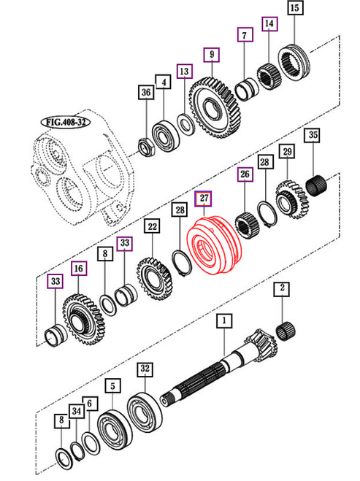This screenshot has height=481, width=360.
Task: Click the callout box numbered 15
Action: click(294, 9)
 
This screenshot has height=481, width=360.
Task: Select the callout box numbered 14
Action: click(269, 24)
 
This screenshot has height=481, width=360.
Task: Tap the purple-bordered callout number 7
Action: click(245, 34)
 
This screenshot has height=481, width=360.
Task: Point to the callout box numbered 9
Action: click(212, 54)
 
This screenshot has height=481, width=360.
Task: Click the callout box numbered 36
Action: click(146, 92)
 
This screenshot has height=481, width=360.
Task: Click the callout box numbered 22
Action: click(151, 227)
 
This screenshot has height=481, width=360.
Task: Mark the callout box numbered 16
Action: click(78, 269)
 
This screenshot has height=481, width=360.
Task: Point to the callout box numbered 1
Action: click(225, 320)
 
